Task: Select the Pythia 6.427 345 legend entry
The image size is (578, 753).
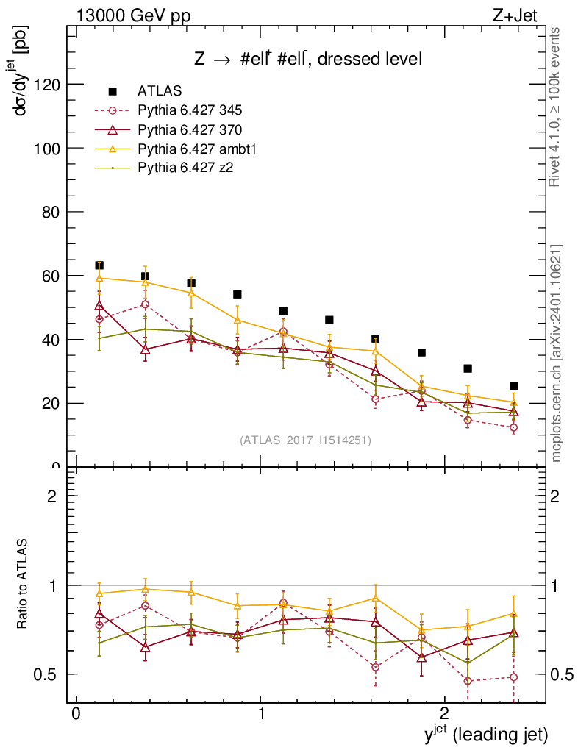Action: click(x=190, y=111)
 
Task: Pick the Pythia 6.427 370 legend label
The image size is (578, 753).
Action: click(x=190, y=130)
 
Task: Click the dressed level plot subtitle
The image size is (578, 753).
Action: click(x=308, y=60)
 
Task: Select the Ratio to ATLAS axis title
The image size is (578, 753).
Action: click(x=24, y=583)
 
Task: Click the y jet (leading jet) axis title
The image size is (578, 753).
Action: click(x=485, y=734)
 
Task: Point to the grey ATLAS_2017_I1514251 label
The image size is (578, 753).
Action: click(x=305, y=440)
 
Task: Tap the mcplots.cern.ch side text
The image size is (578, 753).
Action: click(x=557, y=353)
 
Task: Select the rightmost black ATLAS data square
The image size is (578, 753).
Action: click(x=514, y=386)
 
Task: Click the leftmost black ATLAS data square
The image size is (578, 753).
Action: click(x=99, y=265)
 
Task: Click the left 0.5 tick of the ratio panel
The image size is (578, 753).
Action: click(x=49, y=674)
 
